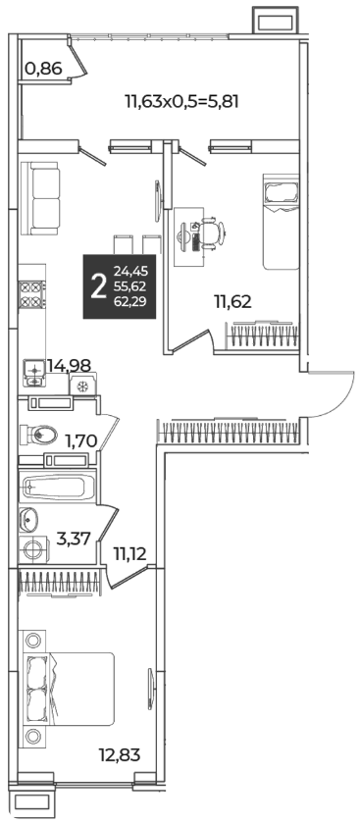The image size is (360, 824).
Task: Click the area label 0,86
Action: (43, 69)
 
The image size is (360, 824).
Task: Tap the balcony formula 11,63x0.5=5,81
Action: (181, 100)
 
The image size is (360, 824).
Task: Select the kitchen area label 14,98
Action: (70, 365)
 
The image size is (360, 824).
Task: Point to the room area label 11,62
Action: (232, 301)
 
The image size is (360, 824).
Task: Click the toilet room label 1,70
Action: (81, 440)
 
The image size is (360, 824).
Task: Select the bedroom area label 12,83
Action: (120, 755)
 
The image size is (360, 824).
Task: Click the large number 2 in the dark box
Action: (98, 286)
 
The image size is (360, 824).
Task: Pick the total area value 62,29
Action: (130, 301)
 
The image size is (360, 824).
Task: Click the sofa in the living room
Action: (41, 198)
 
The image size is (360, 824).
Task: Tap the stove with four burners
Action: (32, 295)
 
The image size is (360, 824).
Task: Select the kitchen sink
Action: (33, 373)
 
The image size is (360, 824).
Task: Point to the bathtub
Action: (57, 487)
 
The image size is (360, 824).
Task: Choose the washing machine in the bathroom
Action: (34, 550)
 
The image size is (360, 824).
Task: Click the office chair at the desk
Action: (214, 231)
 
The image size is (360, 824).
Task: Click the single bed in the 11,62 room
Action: (282, 222)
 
